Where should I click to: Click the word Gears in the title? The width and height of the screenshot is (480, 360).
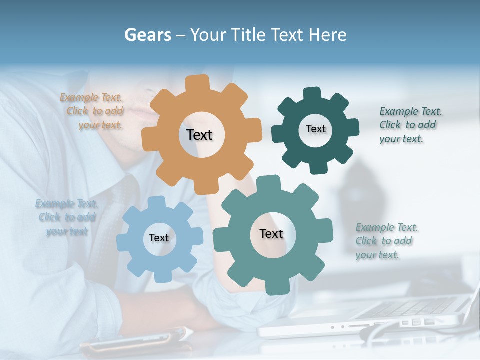[x=147, y=35]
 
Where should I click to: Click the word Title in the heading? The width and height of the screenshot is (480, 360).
[x=248, y=35]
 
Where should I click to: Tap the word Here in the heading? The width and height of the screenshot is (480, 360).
[x=328, y=35]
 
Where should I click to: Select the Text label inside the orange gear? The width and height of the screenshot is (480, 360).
[x=199, y=135]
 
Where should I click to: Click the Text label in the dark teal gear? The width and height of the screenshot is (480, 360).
[x=315, y=129]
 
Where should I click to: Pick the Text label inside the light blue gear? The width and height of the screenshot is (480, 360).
[x=159, y=238]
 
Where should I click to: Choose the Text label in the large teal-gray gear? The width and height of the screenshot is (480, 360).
[x=271, y=233]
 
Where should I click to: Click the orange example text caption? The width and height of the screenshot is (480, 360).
[x=92, y=111]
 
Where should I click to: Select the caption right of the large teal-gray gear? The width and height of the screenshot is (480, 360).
[x=386, y=241]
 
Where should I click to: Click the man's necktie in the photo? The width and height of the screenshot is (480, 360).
[x=107, y=225]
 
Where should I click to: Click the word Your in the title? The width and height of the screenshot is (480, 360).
[x=208, y=35]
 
